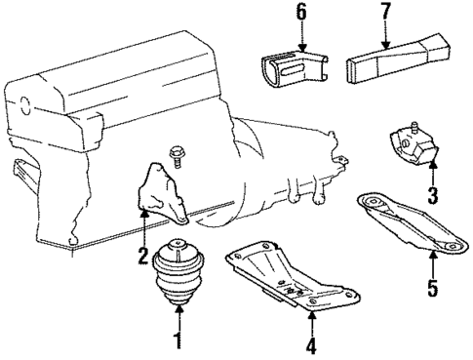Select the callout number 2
(x=142, y=258)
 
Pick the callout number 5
(x=432, y=289)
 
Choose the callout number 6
(x=300, y=12)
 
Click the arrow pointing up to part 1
(x=177, y=316)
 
